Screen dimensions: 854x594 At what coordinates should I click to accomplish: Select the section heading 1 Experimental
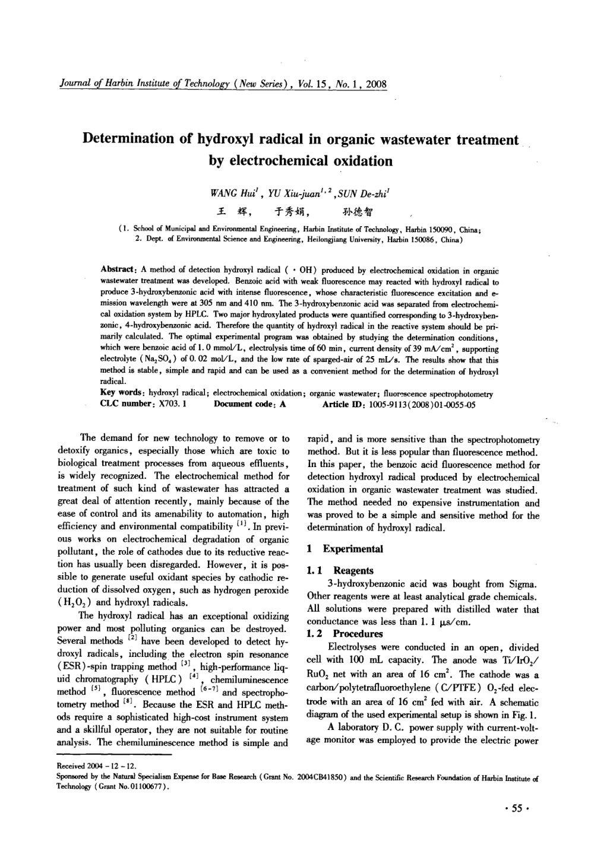(x=345, y=548)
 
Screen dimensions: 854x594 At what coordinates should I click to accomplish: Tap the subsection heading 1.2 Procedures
(x=343, y=634)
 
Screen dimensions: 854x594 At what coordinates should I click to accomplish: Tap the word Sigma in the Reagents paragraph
(x=523, y=583)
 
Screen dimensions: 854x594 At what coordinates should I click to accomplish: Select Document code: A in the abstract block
(x=249, y=404)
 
